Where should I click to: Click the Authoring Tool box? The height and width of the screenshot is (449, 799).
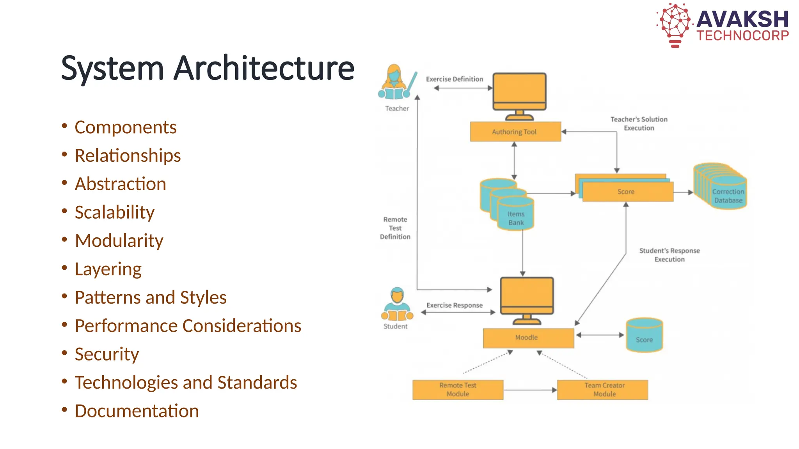515,132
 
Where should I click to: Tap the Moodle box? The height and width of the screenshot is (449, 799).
528,338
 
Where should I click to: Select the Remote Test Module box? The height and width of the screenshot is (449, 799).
458,390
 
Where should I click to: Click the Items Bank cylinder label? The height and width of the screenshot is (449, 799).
516,218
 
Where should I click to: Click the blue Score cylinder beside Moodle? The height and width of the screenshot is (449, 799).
644,336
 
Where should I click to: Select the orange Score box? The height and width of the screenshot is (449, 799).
627,192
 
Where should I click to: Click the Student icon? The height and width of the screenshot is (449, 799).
397,305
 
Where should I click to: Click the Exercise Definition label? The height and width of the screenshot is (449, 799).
454,79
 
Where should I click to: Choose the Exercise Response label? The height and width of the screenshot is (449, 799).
454,305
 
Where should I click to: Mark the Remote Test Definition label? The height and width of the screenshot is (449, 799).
395,228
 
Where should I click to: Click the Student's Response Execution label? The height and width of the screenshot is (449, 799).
669,255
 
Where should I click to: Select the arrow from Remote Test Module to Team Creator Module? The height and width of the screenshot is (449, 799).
530,390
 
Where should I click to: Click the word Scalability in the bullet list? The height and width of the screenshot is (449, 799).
115,212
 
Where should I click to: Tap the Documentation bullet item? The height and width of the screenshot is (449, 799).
137,411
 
